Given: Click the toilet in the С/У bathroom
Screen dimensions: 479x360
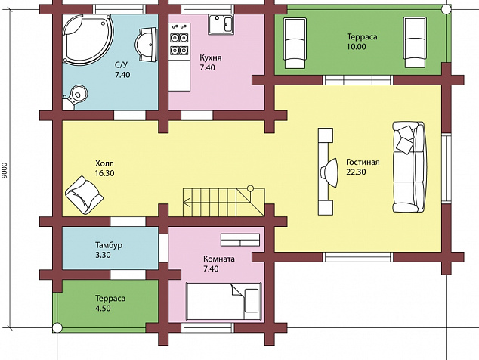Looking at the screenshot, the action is click(x=75, y=96).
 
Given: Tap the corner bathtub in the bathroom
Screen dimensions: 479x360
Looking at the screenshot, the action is click(x=88, y=40).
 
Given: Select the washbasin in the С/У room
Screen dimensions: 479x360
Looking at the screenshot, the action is click(x=147, y=45).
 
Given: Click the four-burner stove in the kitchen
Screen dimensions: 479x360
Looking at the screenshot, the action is click(x=179, y=42).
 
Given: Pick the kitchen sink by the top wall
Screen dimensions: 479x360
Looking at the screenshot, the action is click(x=221, y=24).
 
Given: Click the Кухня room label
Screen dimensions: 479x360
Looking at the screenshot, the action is click(x=211, y=57).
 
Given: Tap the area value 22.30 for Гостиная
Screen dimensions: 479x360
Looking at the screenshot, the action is click(x=356, y=172).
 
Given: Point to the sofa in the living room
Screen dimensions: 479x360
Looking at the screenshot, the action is click(x=409, y=167).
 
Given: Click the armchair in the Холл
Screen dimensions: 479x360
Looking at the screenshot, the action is click(x=84, y=195).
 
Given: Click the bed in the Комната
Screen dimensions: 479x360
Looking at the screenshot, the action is click(x=224, y=302).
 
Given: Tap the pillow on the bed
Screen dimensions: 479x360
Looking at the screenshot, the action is click(x=251, y=300).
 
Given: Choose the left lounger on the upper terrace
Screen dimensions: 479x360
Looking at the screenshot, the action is click(x=295, y=42).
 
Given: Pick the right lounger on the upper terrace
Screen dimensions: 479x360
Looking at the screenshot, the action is click(x=415, y=42).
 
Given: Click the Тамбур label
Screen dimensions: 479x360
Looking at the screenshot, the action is click(x=109, y=245).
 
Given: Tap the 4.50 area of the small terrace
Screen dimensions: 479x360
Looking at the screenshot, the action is click(x=103, y=308).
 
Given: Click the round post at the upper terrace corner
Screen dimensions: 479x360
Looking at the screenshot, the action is click(x=447, y=8).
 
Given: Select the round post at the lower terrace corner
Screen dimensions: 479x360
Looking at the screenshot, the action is click(x=57, y=328).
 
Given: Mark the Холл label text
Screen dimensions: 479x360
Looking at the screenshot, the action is click(x=104, y=163).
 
